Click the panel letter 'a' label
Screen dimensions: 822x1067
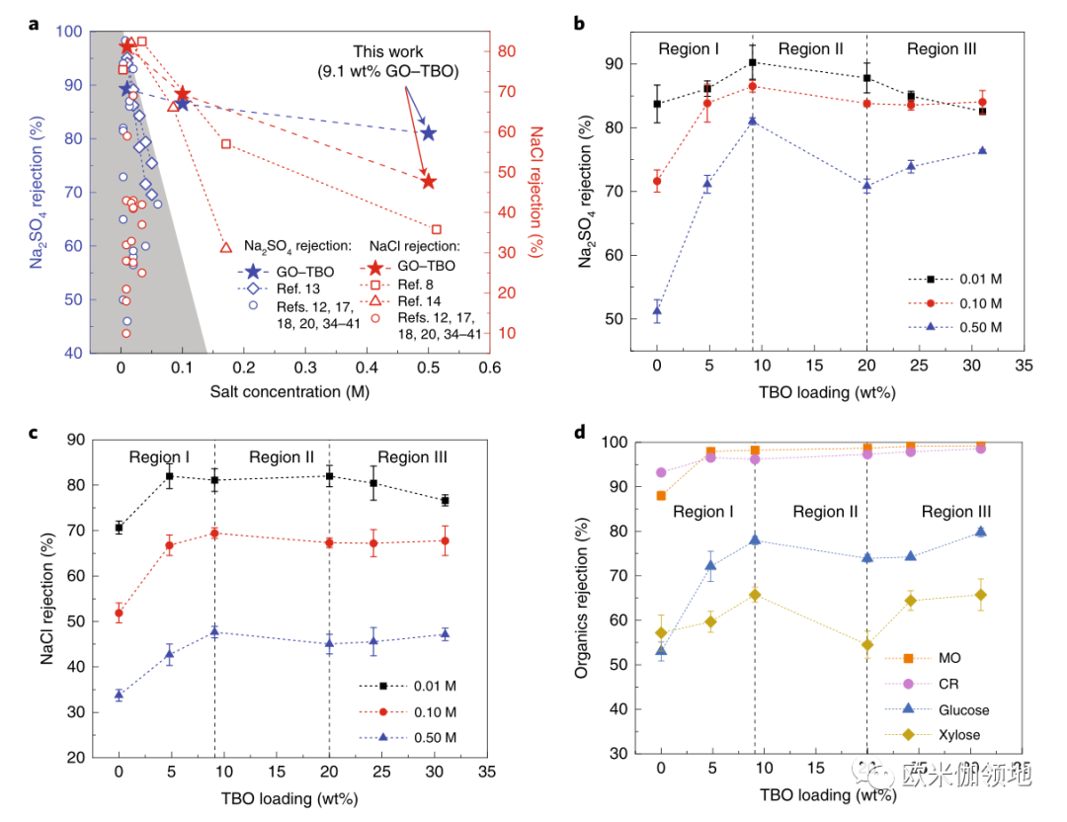pyautogui.click(x=33, y=25)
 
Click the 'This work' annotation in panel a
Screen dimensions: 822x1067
pyautogui.click(x=388, y=52)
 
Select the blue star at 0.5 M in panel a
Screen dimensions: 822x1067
pyautogui.click(x=429, y=133)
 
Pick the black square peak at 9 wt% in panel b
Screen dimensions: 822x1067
pyautogui.click(x=752, y=62)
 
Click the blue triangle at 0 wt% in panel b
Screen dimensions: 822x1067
pyautogui.click(x=657, y=311)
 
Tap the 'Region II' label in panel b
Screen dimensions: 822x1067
pyautogui.click(x=810, y=49)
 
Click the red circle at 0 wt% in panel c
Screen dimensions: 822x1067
pyautogui.click(x=120, y=614)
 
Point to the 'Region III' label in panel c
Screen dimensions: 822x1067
pyautogui.click(x=412, y=457)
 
